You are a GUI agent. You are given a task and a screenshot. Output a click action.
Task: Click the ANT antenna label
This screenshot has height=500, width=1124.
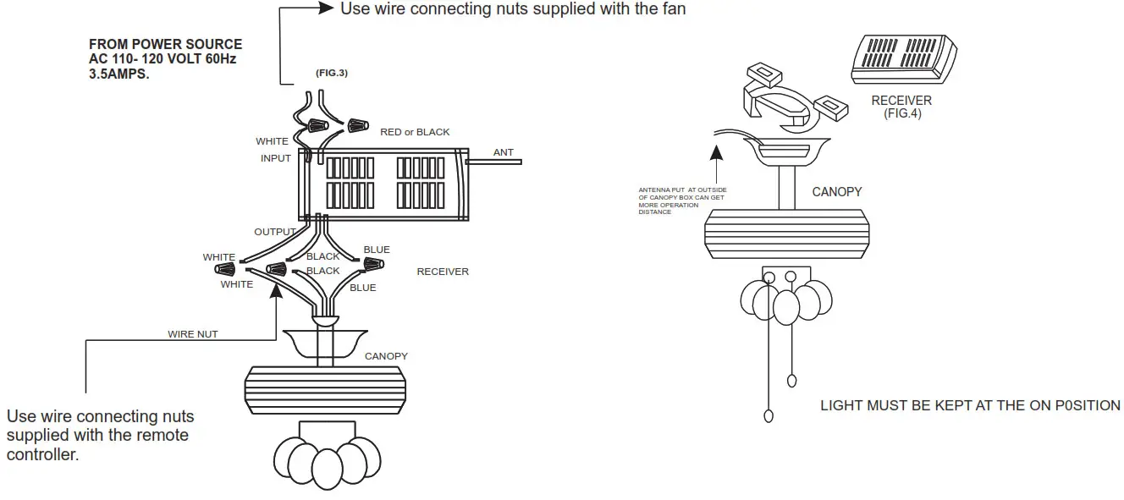pos(503,152)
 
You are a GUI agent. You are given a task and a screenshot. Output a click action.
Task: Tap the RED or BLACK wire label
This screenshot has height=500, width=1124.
pos(415,132)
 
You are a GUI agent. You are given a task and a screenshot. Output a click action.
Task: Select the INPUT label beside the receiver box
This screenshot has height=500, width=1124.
pos(276,158)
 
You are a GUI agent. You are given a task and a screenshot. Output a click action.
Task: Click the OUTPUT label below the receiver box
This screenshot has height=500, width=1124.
pos(275,232)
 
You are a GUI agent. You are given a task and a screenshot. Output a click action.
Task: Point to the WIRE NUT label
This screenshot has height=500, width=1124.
pos(192,334)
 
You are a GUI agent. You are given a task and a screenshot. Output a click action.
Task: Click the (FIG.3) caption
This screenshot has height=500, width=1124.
pos(332,73)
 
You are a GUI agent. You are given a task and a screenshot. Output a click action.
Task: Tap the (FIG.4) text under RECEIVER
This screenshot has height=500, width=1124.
pos(901,113)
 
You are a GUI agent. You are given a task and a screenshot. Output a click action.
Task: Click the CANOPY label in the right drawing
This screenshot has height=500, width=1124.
pos(836,192)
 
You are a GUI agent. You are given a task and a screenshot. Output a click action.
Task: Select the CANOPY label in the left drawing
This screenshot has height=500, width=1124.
pos(386,356)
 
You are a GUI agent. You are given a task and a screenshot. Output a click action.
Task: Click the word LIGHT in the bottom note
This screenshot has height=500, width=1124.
pos(842,406)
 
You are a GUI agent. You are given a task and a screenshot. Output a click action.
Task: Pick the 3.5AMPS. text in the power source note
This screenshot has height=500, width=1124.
pos(118,74)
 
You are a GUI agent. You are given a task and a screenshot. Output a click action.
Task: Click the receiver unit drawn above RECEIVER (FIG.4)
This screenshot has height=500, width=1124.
pos(902,59)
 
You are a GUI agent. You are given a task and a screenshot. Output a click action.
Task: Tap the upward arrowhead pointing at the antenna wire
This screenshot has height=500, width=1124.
pos(718,153)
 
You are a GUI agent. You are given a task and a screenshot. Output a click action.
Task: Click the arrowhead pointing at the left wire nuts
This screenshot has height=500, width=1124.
pos(276,290)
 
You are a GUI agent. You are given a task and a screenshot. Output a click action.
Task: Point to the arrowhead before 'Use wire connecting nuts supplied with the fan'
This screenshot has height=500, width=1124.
pos(326,8)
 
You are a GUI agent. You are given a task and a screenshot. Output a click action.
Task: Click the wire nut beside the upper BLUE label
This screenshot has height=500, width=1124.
pos(372,265)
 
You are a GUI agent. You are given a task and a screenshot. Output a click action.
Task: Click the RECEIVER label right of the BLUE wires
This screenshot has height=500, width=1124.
pos(443,272)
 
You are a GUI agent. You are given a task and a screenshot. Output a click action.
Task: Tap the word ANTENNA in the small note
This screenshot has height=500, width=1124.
pos(653,190)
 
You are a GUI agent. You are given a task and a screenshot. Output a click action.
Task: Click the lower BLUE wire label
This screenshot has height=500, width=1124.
pos(362,288)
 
